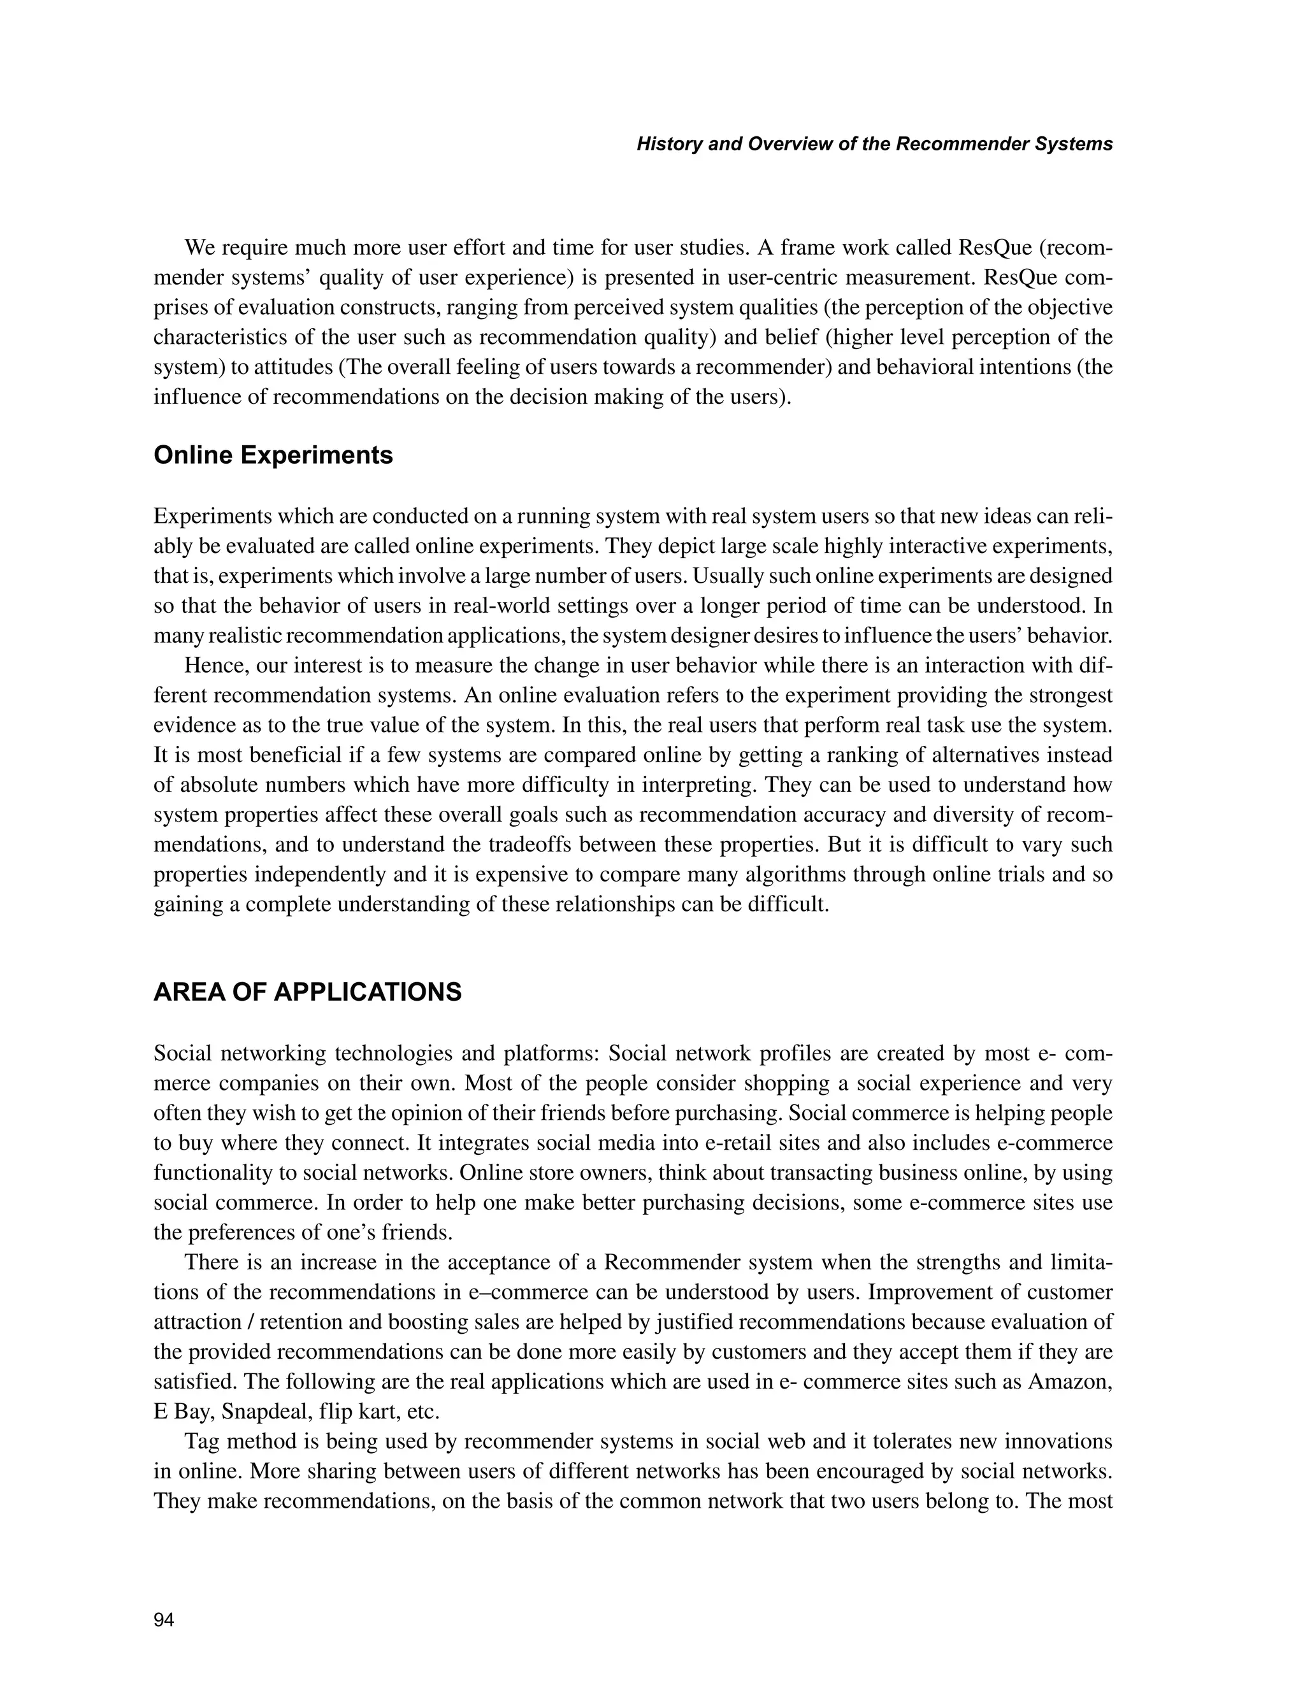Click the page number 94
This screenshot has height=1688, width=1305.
coord(164,1620)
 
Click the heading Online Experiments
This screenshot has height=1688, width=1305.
coord(273,455)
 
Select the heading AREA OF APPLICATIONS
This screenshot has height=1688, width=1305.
coord(307,992)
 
